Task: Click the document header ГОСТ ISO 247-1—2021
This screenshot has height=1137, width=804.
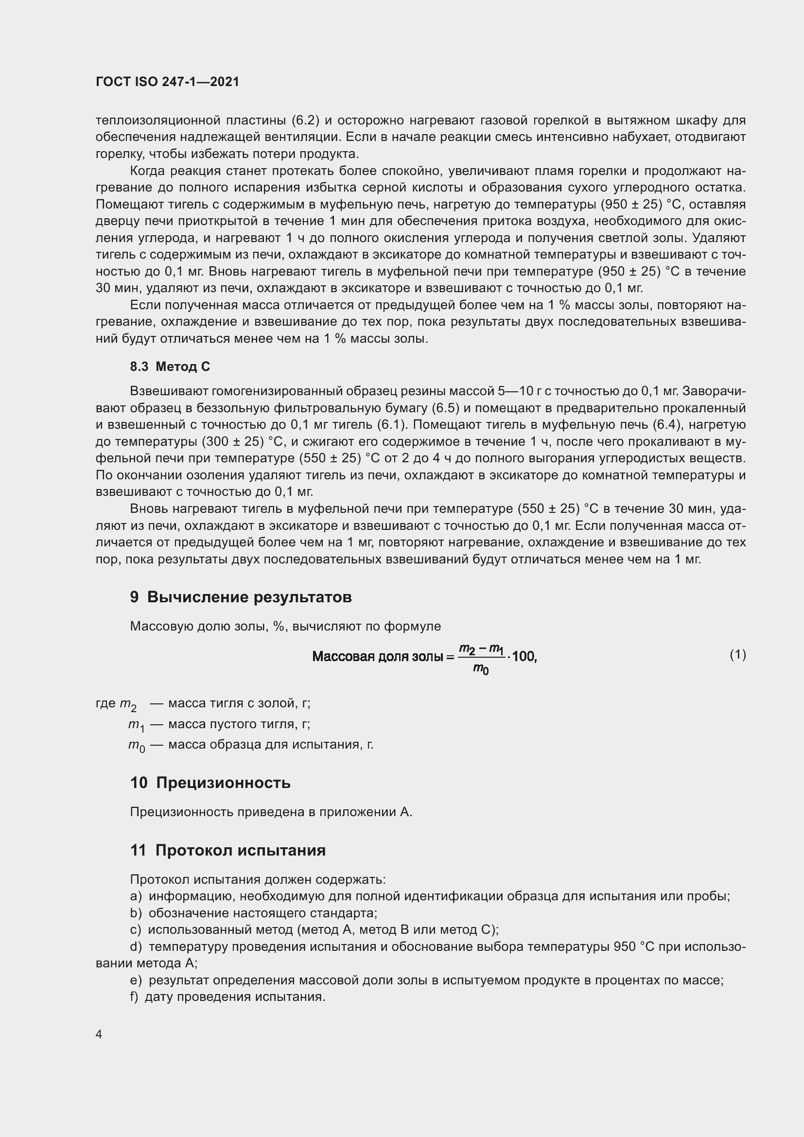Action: click(167, 82)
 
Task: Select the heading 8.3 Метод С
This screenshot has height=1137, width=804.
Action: click(170, 367)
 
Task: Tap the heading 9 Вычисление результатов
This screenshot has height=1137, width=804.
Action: click(241, 597)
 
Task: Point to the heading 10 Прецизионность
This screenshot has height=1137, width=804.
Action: click(210, 783)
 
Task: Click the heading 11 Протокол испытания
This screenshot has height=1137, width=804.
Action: click(227, 850)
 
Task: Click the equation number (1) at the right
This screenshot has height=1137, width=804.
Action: click(737, 655)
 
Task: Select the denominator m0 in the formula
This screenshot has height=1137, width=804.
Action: click(481, 669)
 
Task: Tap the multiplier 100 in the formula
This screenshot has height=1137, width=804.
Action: click(524, 657)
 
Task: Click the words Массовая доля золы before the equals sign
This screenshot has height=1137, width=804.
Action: click(377, 657)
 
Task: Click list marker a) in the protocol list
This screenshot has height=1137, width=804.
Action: click(136, 896)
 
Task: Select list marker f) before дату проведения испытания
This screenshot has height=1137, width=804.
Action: click(134, 997)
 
